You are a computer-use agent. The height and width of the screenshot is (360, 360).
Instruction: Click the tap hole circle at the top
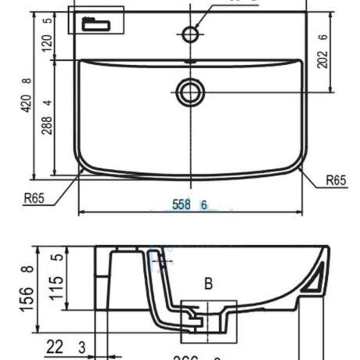point(189,33)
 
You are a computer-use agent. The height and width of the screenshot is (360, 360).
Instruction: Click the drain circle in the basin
point(189,93)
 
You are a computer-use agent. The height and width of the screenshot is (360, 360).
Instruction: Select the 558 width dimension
point(182,204)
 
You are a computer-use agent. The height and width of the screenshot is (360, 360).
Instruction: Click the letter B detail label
point(208,285)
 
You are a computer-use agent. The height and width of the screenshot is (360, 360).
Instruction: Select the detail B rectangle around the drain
point(207,322)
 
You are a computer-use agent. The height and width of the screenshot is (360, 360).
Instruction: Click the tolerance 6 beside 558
point(203,204)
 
